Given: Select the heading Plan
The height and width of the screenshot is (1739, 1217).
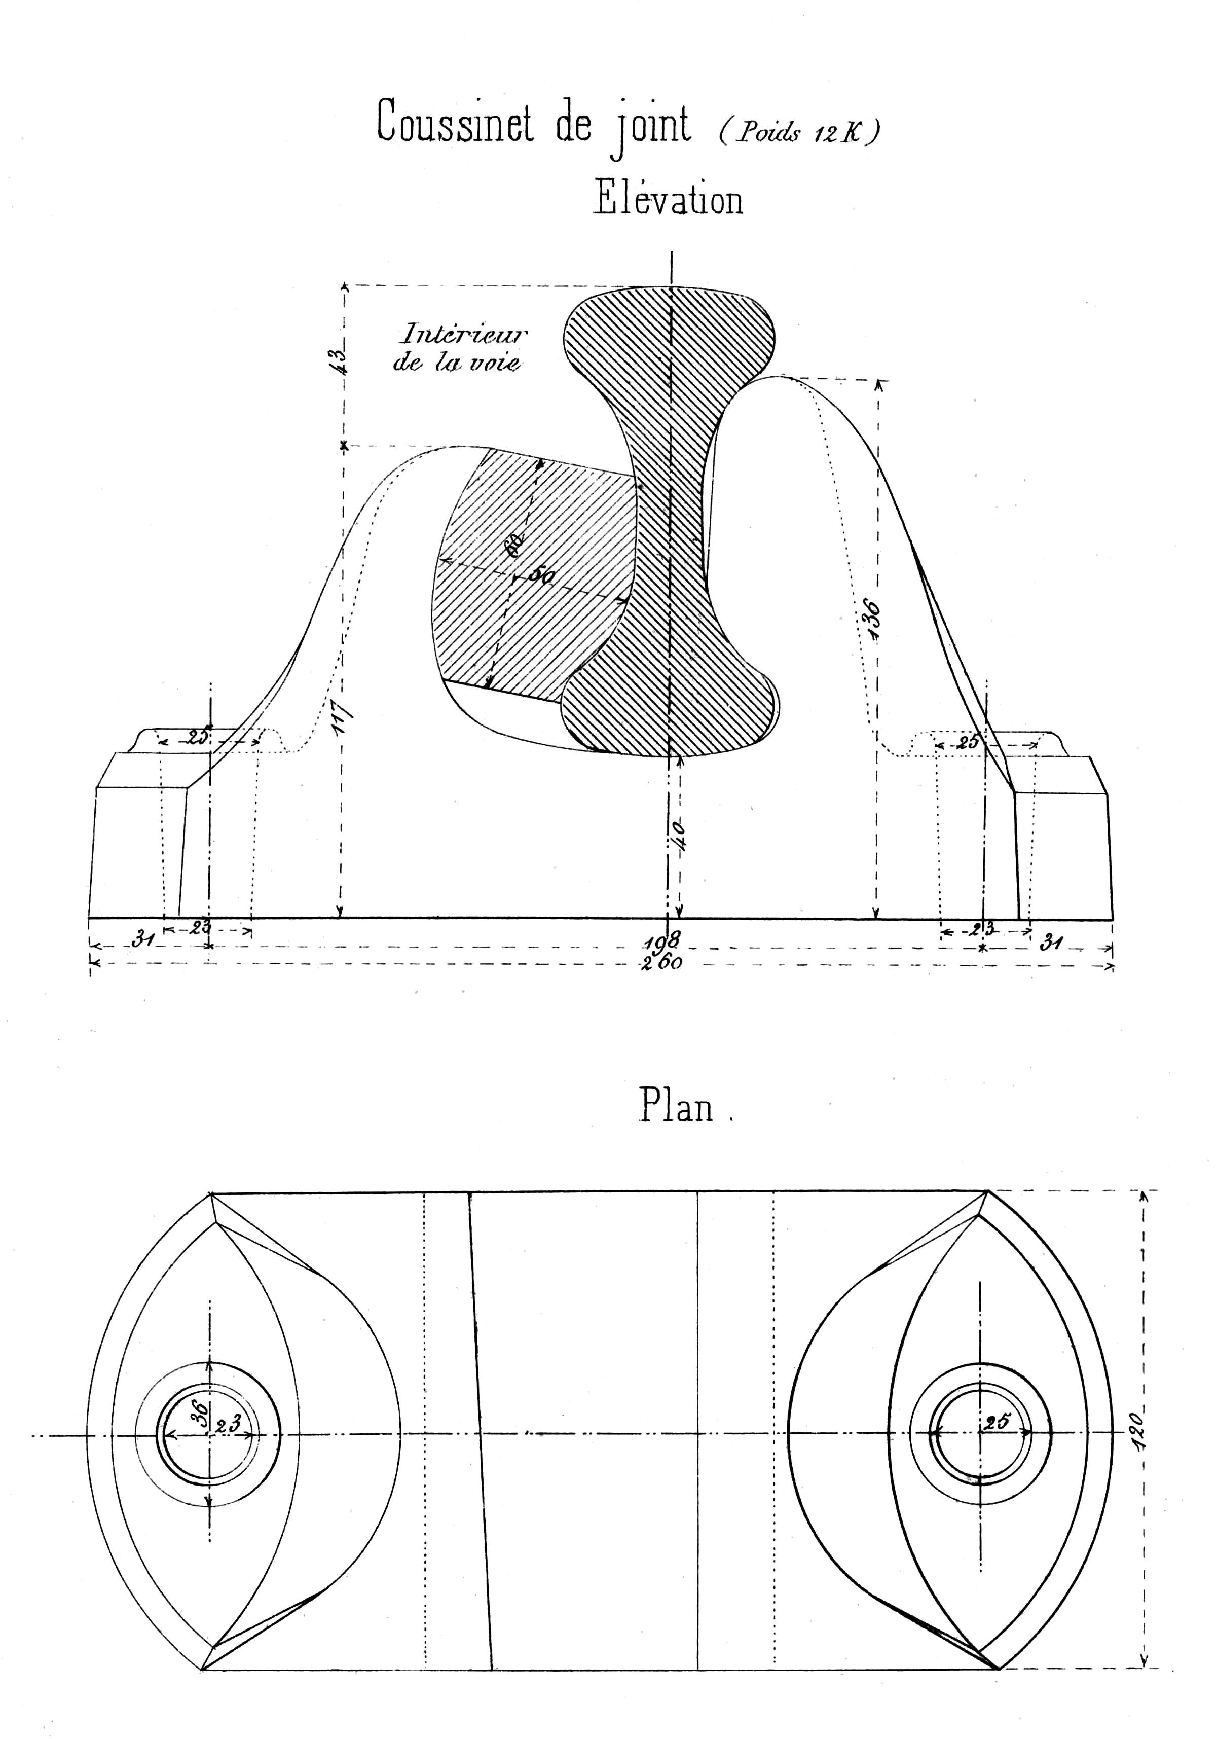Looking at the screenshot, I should pyautogui.click(x=676, y=1107).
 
